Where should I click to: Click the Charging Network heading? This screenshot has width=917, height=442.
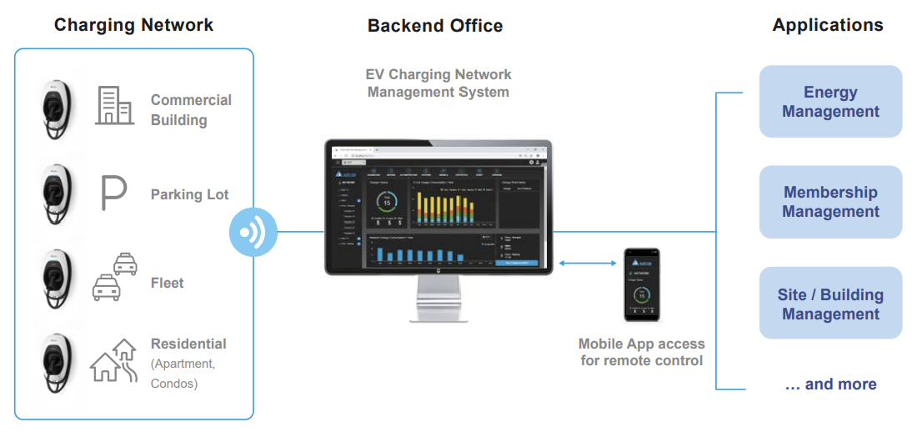(x=133, y=25)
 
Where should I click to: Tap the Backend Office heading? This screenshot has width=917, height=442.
(x=435, y=26)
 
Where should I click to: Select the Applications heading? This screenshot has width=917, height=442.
(x=827, y=25)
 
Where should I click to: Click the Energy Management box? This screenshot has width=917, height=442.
(x=830, y=102)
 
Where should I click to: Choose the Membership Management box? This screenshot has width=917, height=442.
(x=830, y=202)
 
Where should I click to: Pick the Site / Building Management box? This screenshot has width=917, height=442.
(x=830, y=304)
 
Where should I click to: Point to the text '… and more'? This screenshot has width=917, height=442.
(x=830, y=384)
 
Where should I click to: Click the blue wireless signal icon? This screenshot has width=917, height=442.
(x=253, y=231)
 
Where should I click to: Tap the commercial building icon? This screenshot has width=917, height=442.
(x=114, y=105)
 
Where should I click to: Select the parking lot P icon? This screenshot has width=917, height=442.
(x=113, y=193)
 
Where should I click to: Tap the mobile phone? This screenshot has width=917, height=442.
(x=641, y=284)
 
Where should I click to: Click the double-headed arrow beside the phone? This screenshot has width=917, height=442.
(x=586, y=264)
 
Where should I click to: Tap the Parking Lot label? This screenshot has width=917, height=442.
(x=189, y=194)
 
